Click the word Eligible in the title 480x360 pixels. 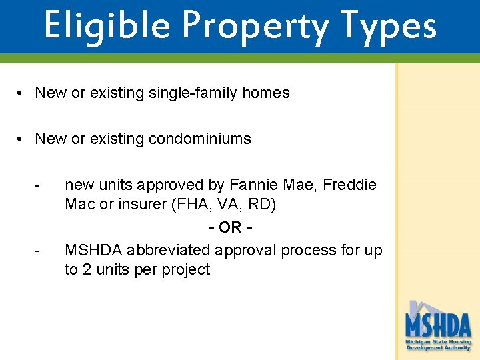pos(106,25)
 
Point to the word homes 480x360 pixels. pos(266,93)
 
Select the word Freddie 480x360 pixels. pos(349,185)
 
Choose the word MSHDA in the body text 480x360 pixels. pos(93,250)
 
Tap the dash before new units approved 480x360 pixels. pos(41,185)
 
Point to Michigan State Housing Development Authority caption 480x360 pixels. pos(438,345)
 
